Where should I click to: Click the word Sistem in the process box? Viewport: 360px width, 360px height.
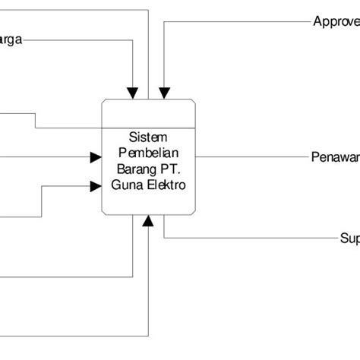click(x=150, y=137)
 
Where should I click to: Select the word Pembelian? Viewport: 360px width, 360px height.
click(x=150, y=152)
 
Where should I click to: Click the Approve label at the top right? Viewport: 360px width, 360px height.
click(x=336, y=21)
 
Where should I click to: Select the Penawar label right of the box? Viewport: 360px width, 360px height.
click(x=335, y=157)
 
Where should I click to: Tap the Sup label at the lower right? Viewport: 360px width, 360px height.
click(x=349, y=238)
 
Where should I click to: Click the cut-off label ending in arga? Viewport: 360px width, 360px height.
click(x=11, y=41)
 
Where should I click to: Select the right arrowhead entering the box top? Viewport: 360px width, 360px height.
click(x=163, y=93)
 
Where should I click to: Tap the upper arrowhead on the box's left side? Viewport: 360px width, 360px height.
click(x=96, y=157)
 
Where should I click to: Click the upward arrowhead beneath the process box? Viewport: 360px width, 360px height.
click(x=149, y=221)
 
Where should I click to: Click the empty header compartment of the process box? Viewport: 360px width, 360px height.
click(x=150, y=113)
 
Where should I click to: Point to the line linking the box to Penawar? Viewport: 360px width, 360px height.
click(x=251, y=157)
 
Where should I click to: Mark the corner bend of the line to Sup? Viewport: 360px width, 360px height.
click(x=164, y=238)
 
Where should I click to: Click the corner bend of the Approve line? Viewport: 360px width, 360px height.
click(x=163, y=21)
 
